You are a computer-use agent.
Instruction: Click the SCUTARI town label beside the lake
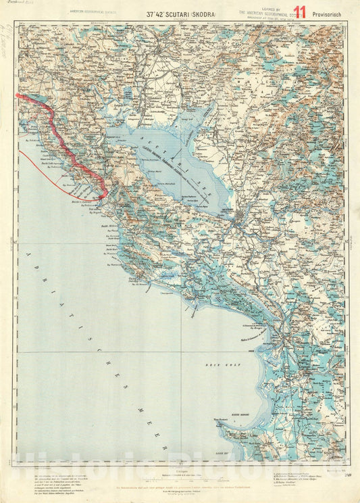228,210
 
